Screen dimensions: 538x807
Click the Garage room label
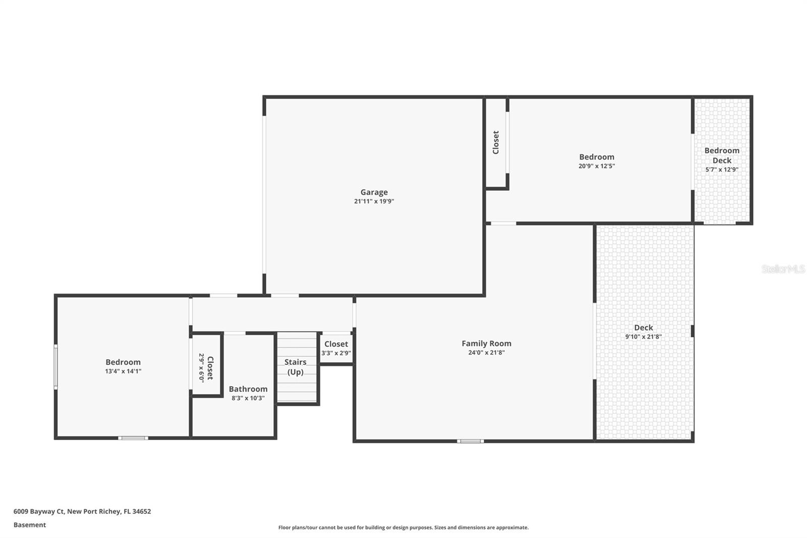[x=374, y=192]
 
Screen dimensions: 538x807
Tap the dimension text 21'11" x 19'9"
[x=374, y=201]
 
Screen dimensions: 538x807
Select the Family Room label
[x=486, y=343]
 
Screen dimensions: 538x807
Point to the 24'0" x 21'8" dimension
[x=486, y=353]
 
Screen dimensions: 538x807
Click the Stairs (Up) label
[x=295, y=367]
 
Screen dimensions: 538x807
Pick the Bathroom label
[x=248, y=389]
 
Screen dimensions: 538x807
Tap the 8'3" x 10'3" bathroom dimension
[x=248, y=398]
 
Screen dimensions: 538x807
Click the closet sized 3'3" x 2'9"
[x=336, y=348]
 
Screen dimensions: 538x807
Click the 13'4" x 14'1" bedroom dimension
[x=123, y=371]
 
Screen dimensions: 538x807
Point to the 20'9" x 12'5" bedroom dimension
[x=597, y=166]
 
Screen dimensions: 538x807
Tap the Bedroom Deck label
[x=722, y=155]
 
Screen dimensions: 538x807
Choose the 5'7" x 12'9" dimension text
[x=722, y=170]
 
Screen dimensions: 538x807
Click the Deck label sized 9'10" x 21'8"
[x=643, y=328]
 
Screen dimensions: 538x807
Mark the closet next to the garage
[x=496, y=142]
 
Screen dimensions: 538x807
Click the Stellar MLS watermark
[x=783, y=269]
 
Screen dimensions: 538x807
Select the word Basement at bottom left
[x=30, y=525]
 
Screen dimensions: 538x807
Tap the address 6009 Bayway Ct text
[x=82, y=511]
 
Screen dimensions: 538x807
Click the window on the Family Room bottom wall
[x=470, y=441]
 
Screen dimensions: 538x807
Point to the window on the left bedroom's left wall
[x=56, y=366]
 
